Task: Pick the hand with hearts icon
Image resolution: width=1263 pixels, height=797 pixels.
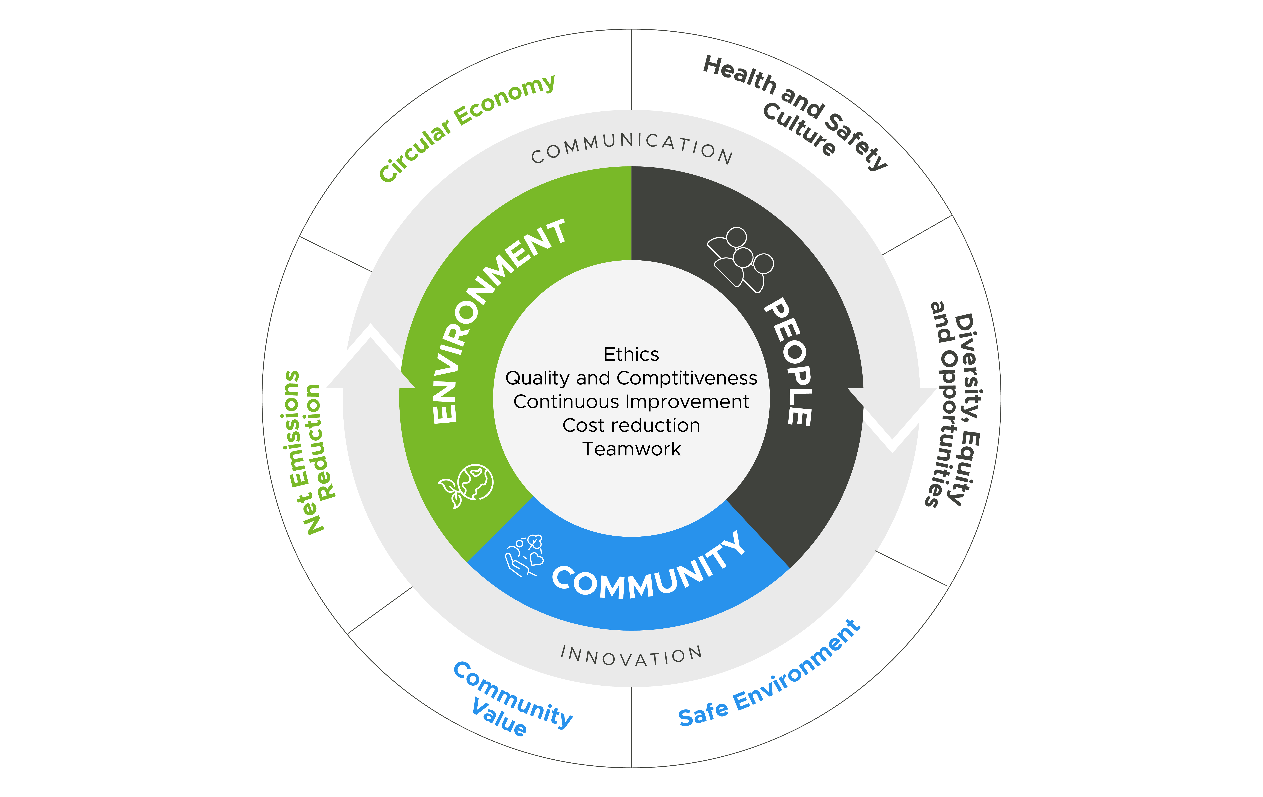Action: click(524, 556)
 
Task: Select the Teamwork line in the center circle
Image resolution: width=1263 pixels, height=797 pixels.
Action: click(631, 449)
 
